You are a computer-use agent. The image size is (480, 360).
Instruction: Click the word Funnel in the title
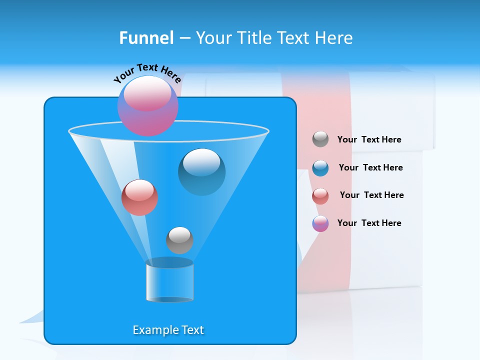(x=146, y=38)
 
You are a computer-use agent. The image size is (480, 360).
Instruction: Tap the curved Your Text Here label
(x=147, y=73)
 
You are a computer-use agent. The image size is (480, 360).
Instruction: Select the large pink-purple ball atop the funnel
(x=147, y=106)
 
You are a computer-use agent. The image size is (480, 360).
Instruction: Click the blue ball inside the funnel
(x=201, y=172)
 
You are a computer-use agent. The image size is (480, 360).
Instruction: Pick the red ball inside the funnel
(x=139, y=197)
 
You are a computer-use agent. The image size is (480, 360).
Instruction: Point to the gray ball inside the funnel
(x=179, y=240)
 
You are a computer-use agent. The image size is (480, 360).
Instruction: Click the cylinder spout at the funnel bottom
(x=169, y=281)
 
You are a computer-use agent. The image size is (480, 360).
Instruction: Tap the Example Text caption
(x=168, y=330)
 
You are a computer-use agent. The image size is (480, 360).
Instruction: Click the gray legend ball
(x=320, y=139)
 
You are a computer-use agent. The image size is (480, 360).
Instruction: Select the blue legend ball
(x=320, y=168)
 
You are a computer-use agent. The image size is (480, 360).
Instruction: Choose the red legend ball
(x=320, y=195)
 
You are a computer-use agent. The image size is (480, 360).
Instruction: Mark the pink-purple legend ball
(x=320, y=223)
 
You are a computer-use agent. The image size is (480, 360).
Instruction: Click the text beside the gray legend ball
(x=369, y=139)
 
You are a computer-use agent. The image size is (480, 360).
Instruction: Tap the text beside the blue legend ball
(x=370, y=167)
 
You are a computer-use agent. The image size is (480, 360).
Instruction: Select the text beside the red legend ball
(x=371, y=195)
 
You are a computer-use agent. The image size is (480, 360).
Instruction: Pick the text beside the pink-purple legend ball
(x=369, y=223)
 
